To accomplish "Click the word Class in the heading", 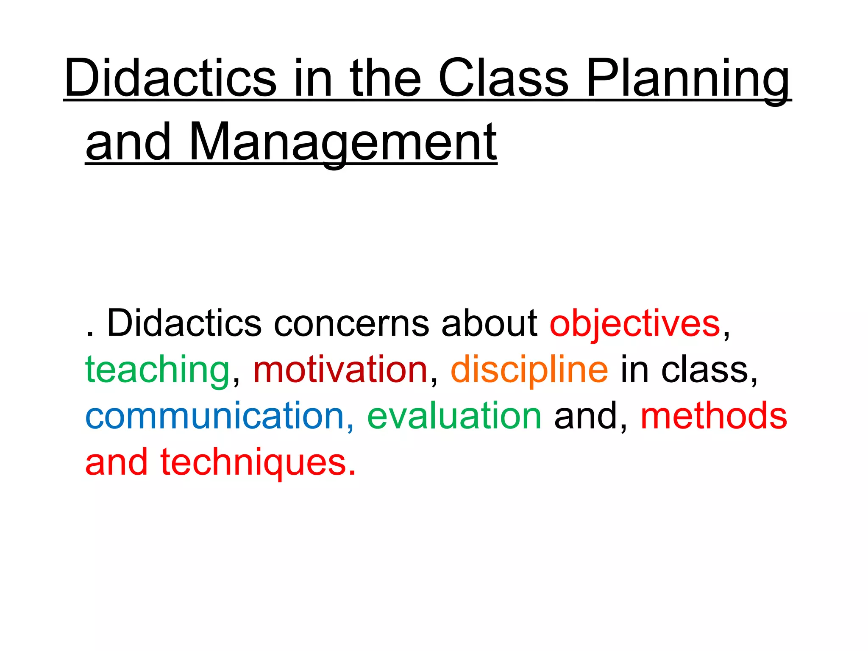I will (503, 78).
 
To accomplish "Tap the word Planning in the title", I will (688, 81).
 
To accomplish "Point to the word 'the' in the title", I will (385, 78).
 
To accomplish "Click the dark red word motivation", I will (340, 370).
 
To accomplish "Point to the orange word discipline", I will (529, 370).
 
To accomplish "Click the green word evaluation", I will (454, 416).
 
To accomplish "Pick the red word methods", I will (714, 416).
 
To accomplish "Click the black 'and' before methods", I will (585, 416).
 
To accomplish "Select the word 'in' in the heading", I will (312, 78).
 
